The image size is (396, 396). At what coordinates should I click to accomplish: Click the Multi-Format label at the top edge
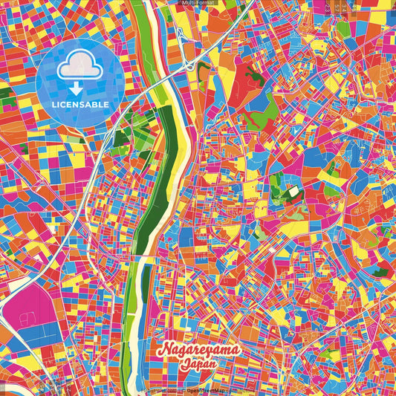pos(198,3)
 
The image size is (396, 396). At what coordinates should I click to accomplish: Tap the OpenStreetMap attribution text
pos(205,390)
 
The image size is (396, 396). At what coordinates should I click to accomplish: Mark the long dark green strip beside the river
pos(156,186)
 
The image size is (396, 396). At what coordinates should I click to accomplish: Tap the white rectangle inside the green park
pos(296,191)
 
